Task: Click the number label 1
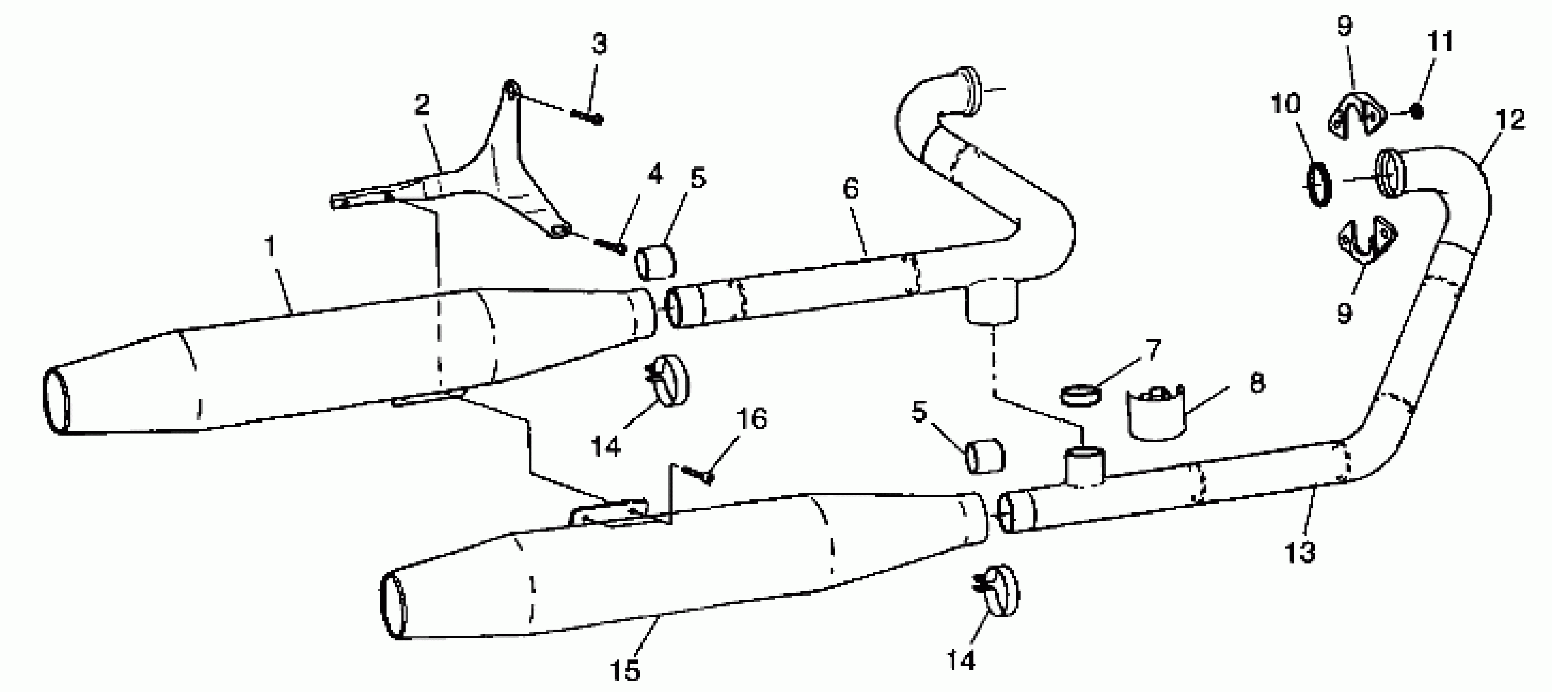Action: coord(271,247)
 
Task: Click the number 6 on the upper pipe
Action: coord(850,189)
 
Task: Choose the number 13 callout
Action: coord(1300,552)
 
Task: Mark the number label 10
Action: coord(1285,104)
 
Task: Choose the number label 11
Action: coord(1440,42)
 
